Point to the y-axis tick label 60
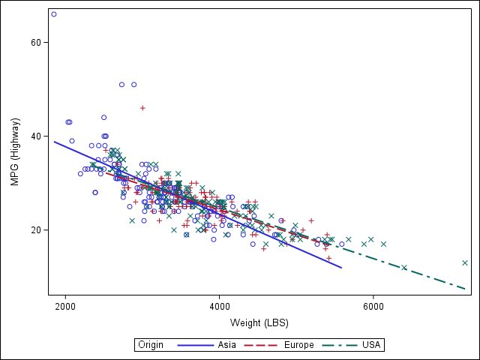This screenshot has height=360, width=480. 35,43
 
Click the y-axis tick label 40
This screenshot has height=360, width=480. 35,136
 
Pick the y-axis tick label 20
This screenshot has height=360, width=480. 35,230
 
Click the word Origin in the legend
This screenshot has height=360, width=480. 151,345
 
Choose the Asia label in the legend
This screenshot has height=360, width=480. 229,345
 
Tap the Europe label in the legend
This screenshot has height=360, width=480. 299,345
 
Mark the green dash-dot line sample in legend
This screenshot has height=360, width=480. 340,345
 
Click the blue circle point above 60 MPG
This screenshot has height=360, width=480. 54,14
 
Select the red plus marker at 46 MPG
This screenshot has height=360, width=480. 142,108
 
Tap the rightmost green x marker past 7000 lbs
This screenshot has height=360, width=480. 465,262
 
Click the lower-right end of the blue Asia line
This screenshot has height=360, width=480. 341,268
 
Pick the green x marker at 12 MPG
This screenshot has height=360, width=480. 404,268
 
